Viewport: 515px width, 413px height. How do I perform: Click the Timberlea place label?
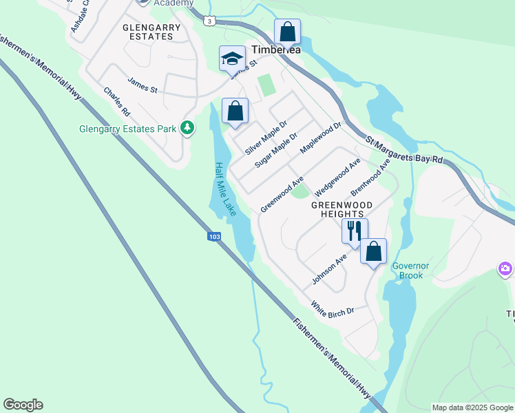(x=276, y=50)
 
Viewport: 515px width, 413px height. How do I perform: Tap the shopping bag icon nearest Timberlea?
(x=287, y=32)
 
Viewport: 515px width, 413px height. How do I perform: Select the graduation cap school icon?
(x=233, y=59)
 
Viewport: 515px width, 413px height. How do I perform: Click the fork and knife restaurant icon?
(x=355, y=231)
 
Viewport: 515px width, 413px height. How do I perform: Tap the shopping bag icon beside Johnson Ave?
(x=373, y=251)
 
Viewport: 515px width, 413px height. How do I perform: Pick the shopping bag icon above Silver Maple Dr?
(x=235, y=111)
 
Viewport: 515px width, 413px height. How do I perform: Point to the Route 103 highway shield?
(x=214, y=237)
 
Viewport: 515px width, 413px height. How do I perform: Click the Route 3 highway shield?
(x=209, y=21)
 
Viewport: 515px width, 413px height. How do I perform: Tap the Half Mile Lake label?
(x=225, y=189)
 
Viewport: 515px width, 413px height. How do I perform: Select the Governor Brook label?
(x=410, y=271)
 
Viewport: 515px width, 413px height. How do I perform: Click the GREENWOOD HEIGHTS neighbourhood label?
(x=341, y=210)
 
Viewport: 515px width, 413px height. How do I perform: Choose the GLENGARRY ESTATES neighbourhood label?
(x=151, y=32)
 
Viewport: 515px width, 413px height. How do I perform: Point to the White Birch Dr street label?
(x=332, y=308)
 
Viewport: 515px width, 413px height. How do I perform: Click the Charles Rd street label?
(x=116, y=100)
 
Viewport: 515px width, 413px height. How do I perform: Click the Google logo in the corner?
(x=23, y=405)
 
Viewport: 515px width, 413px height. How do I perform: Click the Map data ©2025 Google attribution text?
(x=472, y=407)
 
